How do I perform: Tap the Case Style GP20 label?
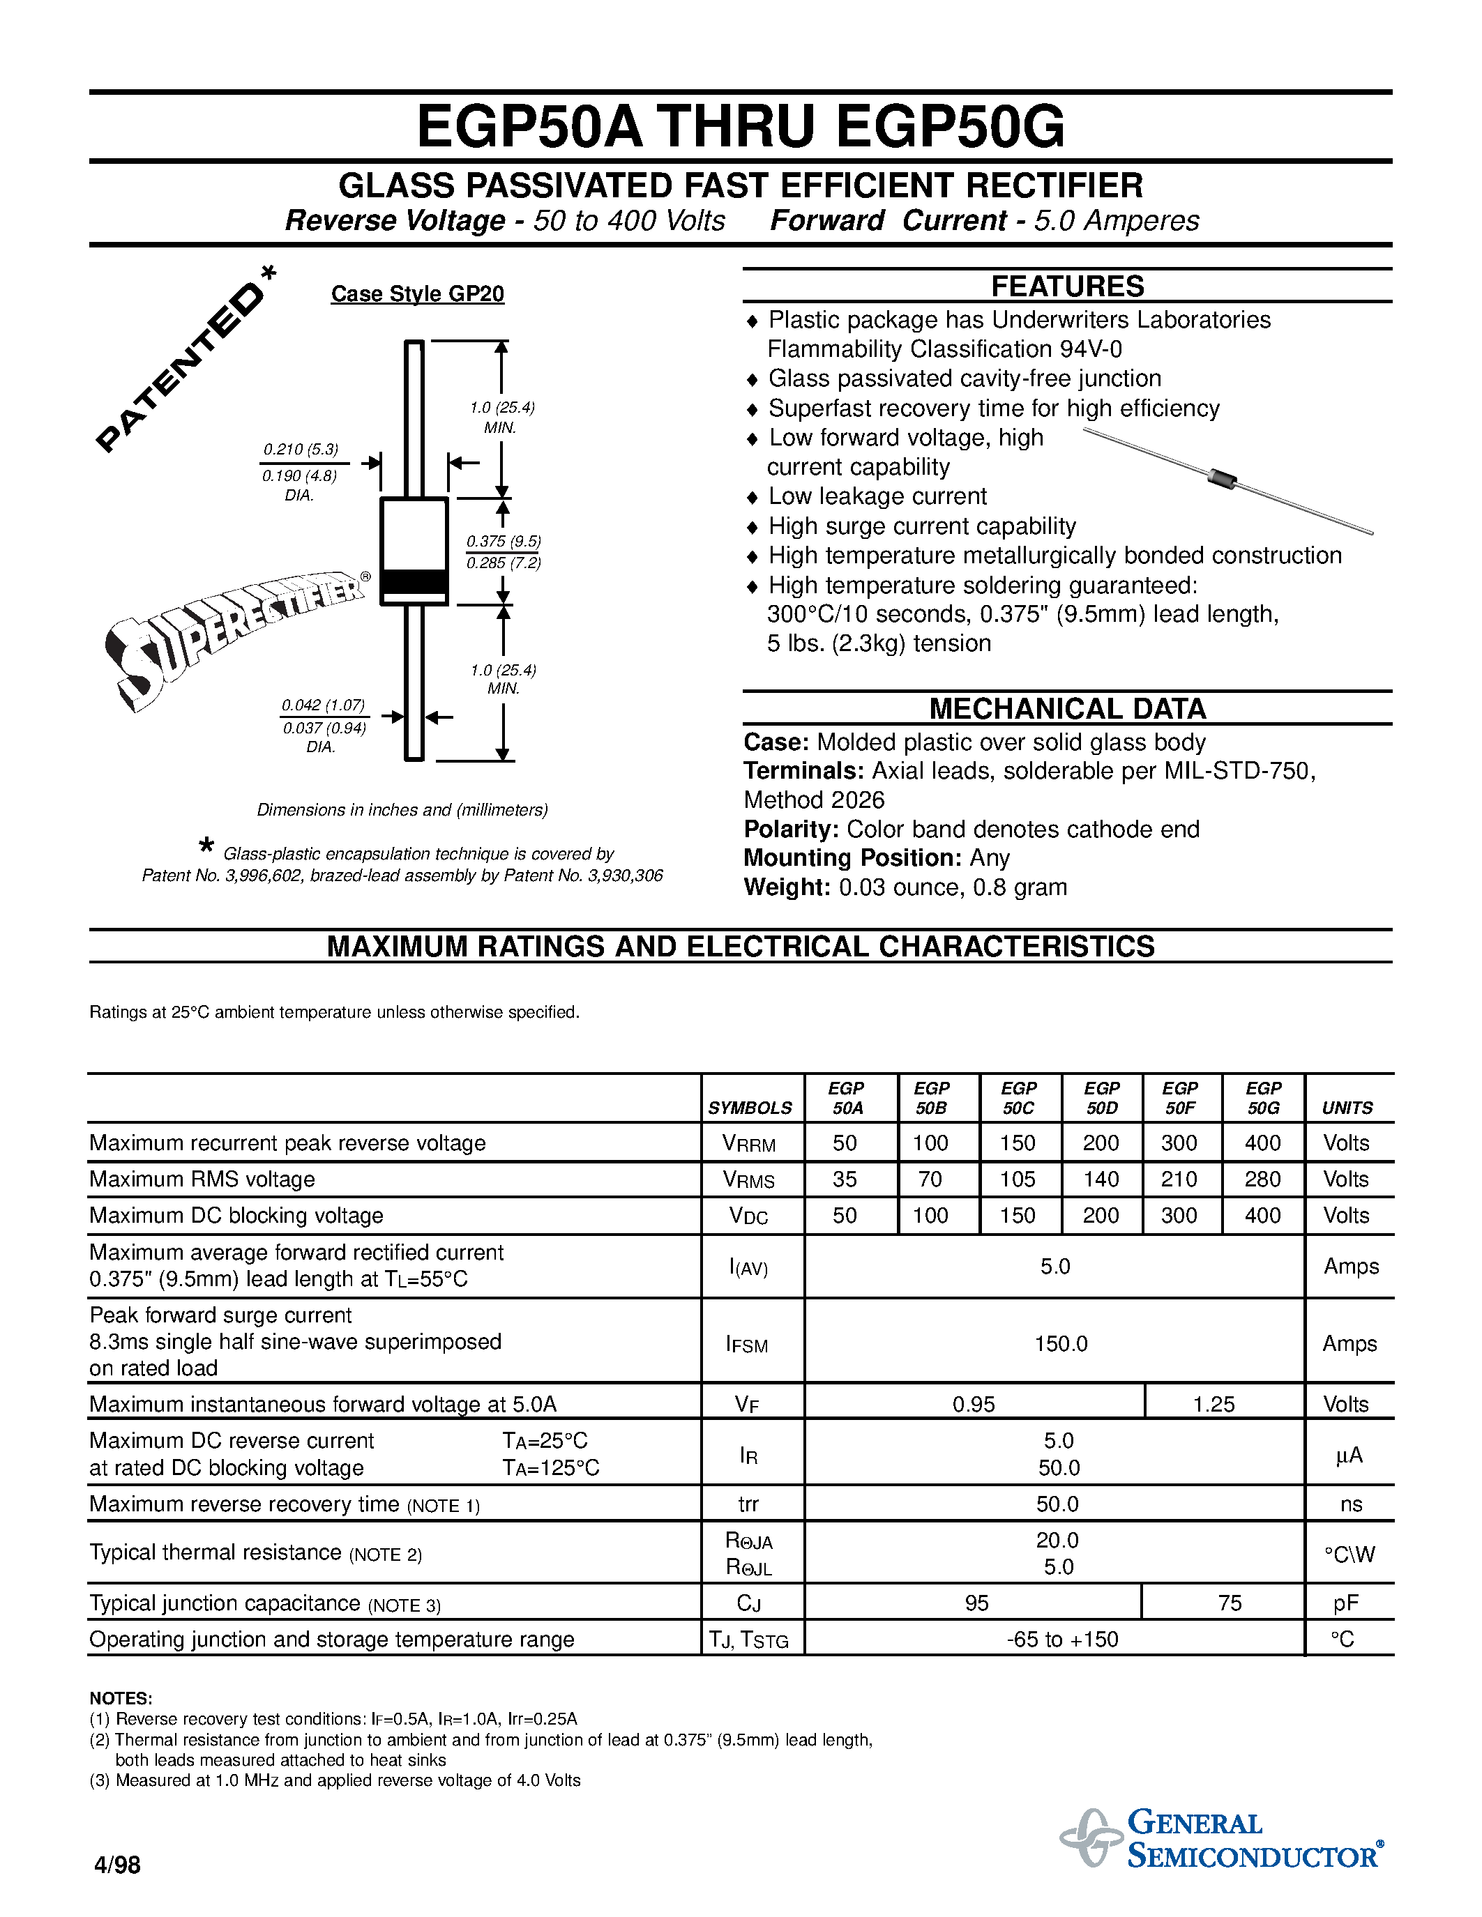[417, 294]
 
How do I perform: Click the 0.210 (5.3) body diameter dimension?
[301, 450]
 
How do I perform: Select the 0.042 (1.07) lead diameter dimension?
[323, 705]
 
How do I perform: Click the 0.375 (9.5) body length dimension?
[503, 542]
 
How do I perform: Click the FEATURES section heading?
[1067, 286]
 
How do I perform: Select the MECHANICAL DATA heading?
[1067, 708]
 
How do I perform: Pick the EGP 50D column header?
[1102, 1098]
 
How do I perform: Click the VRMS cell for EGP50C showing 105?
[1018, 1179]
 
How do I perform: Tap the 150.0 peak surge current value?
[1061, 1344]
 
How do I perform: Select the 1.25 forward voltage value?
[1213, 1405]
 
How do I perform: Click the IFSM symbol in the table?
[747, 1344]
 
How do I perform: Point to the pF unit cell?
[1345, 1603]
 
